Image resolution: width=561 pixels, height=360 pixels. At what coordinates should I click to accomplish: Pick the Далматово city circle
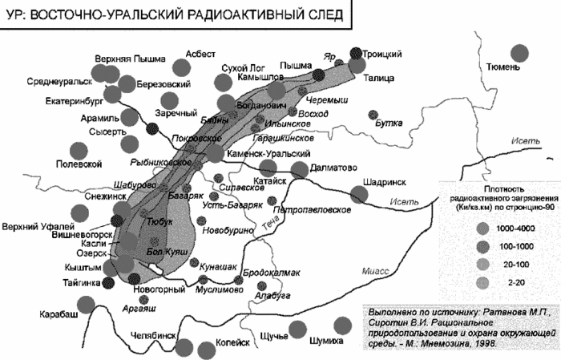point(300,169)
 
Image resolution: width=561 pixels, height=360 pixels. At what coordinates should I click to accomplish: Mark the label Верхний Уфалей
point(34,224)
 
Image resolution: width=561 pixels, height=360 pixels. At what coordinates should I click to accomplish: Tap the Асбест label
point(200,54)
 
